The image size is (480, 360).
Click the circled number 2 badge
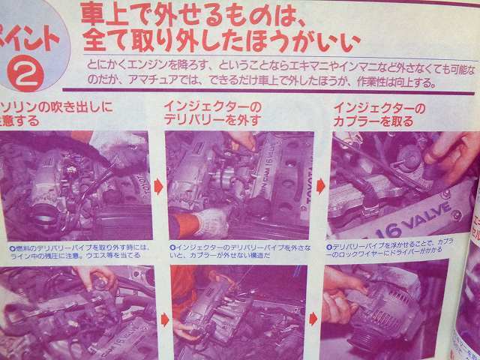[28, 73]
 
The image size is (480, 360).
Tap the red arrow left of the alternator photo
[316, 318]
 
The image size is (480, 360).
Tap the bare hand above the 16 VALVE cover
[450, 154]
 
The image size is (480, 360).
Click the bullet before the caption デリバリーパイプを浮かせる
[331, 244]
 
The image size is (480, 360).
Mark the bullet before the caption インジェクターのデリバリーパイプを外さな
[172, 246]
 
